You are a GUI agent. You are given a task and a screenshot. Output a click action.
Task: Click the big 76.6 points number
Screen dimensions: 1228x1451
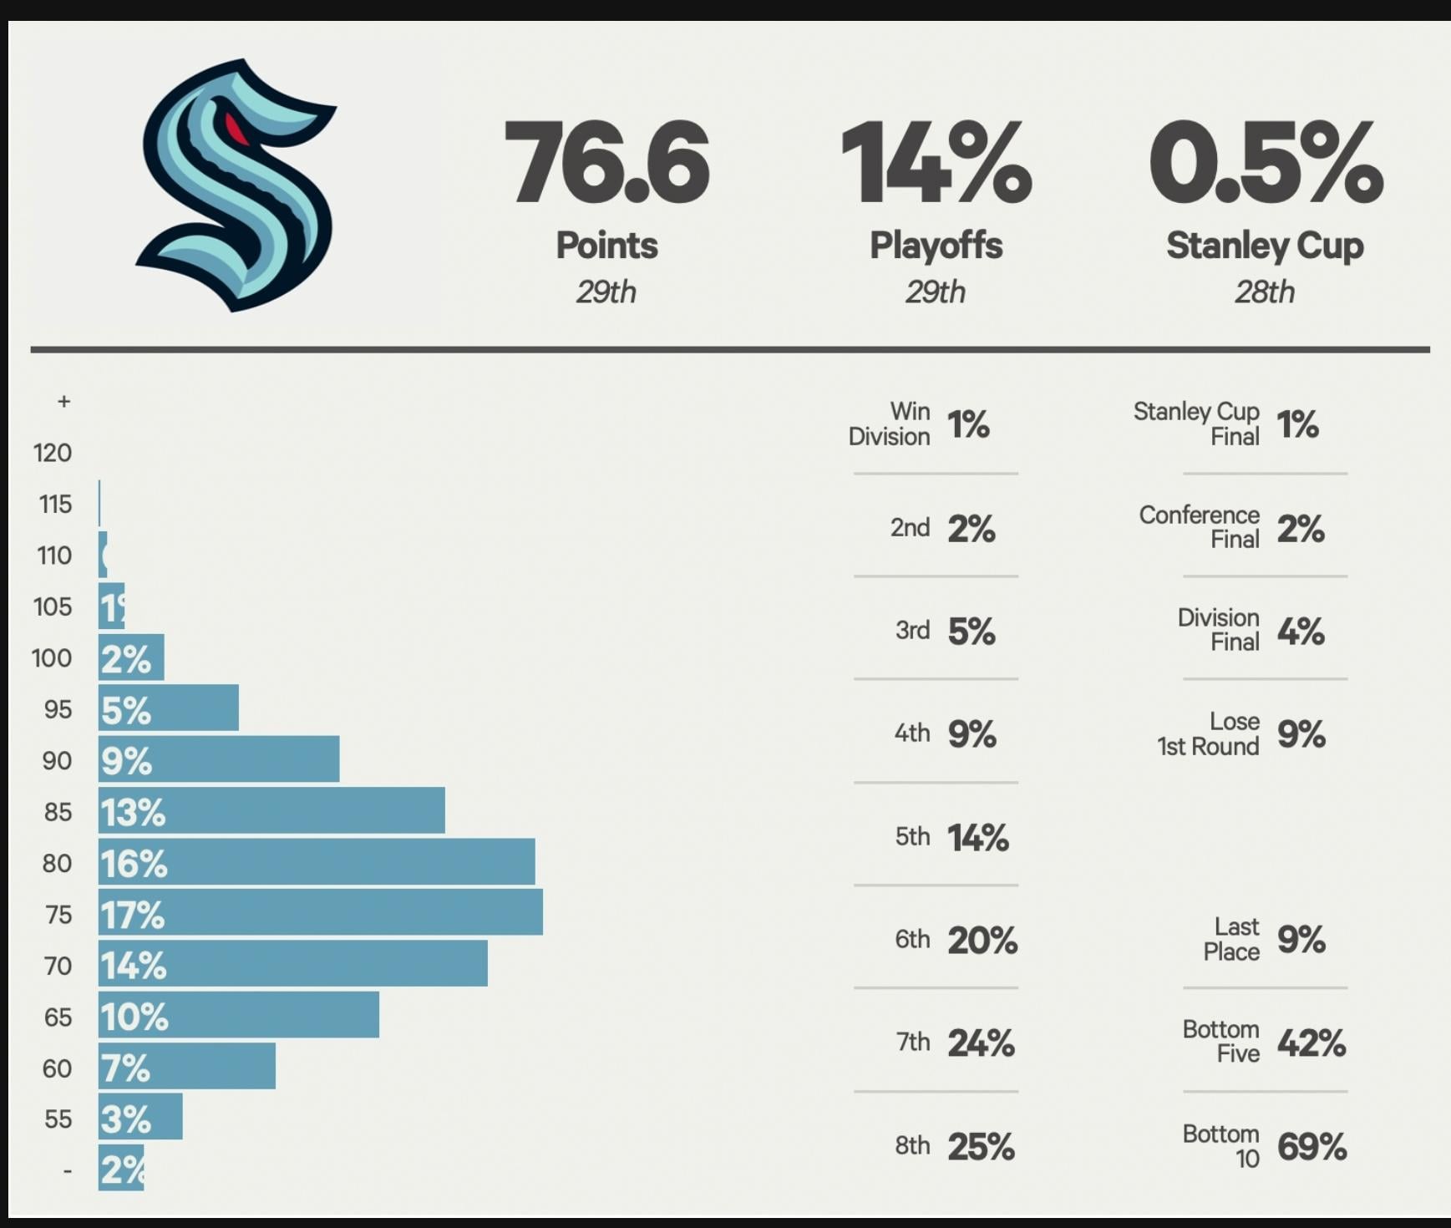pyautogui.click(x=607, y=162)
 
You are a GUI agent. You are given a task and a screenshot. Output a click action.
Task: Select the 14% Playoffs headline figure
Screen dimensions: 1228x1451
pyautogui.click(x=936, y=162)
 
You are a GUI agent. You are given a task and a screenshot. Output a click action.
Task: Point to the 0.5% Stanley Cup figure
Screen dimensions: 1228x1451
pyautogui.click(x=1265, y=162)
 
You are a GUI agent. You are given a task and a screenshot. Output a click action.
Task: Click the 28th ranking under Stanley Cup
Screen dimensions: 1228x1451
pyautogui.click(x=1265, y=292)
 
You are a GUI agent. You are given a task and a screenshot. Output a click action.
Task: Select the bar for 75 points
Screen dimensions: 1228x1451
pyautogui.click(x=321, y=912)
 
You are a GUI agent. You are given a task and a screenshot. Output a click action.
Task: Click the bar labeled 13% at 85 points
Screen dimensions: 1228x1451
pyautogui.click(x=271, y=810)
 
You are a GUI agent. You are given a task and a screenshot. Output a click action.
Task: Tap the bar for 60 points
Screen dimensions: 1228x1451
pyautogui.click(x=187, y=1067)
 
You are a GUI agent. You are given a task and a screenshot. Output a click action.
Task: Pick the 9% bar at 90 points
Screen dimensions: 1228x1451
pyautogui.click(x=219, y=759)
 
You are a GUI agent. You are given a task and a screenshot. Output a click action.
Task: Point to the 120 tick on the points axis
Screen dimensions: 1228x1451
pyautogui.click(x=53, y=453)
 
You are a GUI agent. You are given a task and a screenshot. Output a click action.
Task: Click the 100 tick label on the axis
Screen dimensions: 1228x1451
pyautogui.click(x=52, y=658)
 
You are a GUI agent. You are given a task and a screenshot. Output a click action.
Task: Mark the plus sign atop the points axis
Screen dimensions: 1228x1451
pyautogui.click(x=63, y=402)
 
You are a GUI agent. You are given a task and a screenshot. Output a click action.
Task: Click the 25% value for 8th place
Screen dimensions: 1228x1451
pyautogui.click(x=981, y=1146)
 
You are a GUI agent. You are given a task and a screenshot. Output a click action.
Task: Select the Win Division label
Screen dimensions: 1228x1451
pyautogui.click(x=890, y=424)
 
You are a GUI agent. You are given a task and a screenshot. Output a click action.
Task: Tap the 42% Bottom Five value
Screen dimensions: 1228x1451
pyautogui.click(x=1311, y=1043)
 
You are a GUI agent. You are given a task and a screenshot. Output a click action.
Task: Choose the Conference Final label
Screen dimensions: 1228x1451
pyautogui.click(x=1200, y=527)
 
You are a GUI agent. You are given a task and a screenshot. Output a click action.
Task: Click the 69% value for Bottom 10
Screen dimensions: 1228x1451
pyautogui.click(x=1311, y=1146)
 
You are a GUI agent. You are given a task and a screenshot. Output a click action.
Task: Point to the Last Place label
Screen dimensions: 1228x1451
pyautogui.click(x=1231, y=939)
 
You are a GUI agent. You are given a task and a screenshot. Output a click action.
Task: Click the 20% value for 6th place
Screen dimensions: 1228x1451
pyautogui.click(x=982, y=941)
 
